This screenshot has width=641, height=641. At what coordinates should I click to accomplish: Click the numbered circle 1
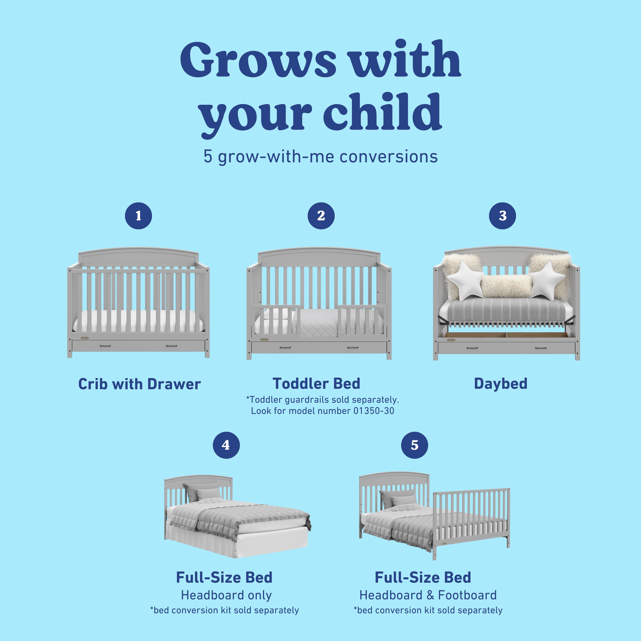point(138,216)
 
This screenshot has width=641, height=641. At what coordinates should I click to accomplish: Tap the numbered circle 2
point(321,216)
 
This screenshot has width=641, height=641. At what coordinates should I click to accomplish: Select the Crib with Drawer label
point(139,384)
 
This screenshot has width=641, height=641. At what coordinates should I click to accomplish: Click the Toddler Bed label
point(316,383)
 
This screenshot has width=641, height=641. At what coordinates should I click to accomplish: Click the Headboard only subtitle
point(226,595)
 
